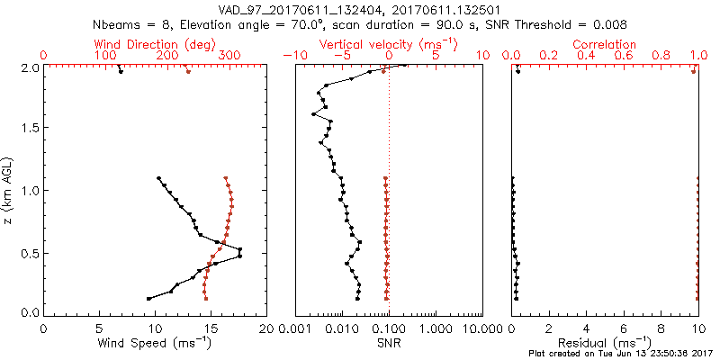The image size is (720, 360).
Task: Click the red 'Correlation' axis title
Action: click(605, 44)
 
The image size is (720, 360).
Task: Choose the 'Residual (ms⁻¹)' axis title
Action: click(605, 343)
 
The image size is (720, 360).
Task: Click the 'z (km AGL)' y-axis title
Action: click(10, 190)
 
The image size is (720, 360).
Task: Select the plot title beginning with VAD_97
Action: click(360, 8)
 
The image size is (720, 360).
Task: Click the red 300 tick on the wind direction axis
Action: click(229, 56)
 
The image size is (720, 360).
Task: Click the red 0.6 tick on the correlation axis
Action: click(624, 56)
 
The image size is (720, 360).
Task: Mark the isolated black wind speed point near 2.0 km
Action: click(121, 71)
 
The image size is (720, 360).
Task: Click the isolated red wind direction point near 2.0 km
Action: click(188, 71)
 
